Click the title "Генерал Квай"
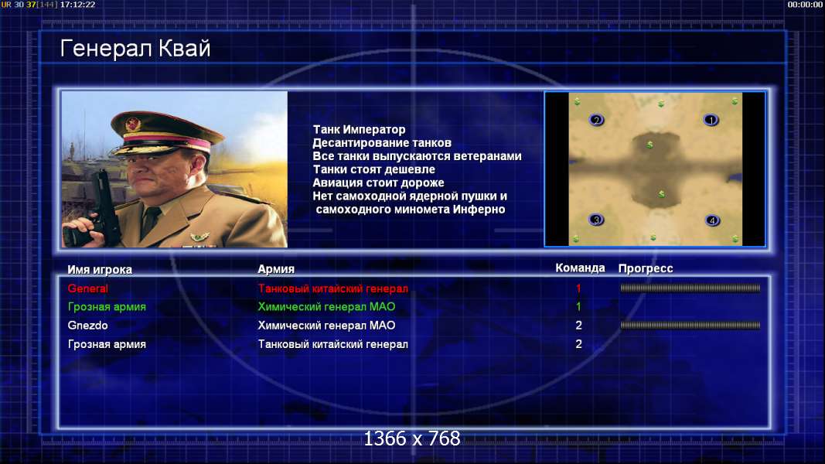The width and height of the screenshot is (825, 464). click(135, 49)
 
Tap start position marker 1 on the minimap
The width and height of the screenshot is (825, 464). click(711, 121)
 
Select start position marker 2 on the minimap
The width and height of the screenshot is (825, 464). click(596, 120)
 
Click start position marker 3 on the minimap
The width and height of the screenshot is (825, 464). click(595, 220)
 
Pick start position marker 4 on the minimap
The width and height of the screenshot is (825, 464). click(712, 220)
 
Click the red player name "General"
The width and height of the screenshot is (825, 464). click(88, 288)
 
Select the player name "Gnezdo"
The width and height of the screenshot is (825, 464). click(88, 325)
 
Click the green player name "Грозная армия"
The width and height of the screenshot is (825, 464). click(107, 307)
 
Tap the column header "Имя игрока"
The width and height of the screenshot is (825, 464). click(100, 269)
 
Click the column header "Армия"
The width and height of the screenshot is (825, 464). click(276, 269)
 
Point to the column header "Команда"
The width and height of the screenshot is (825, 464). click(580, 268)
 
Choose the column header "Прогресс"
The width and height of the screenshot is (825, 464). click(646, 268)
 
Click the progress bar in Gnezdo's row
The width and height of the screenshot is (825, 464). click(690, 325)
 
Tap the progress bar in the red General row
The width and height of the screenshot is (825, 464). click(690, 288)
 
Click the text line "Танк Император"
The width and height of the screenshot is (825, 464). click(360, 129)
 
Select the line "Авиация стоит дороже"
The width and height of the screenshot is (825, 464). click(378, 183)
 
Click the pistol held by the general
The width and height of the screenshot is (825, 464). click(100, 208)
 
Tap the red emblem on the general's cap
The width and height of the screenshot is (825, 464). click(133, 125)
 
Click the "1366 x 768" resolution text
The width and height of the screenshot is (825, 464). click(412, 438)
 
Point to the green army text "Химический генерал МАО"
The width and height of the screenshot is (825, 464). click(326, 307)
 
